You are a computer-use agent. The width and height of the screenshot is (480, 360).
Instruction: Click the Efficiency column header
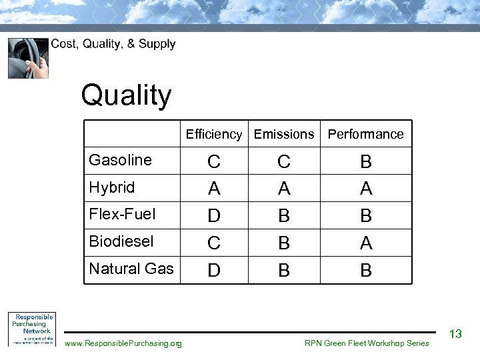click(214, 134)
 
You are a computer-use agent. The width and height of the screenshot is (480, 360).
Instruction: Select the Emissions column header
click(284, 134)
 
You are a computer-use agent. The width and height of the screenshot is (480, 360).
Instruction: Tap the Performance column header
click(365, 134)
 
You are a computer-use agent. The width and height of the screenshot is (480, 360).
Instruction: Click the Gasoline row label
click(121, 160)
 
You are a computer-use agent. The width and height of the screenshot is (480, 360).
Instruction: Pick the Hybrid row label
click(112, 187)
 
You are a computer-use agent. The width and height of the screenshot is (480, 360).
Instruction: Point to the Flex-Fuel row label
click(122, 214)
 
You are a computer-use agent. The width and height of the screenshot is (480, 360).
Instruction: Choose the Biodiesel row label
click(121, 241)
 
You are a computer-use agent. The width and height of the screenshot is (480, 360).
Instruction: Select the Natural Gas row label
click(131, 269)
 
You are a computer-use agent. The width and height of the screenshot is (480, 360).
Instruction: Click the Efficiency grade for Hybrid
click(214, 189)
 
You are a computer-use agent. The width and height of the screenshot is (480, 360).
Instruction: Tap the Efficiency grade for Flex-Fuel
click(214, 217)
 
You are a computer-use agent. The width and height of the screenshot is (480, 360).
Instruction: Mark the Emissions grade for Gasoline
click(284, 162)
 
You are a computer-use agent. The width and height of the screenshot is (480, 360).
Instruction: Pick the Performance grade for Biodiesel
click(366, 244)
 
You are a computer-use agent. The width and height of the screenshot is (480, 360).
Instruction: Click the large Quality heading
click(127, 95)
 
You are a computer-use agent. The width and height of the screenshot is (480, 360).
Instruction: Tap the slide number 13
click(456, 334)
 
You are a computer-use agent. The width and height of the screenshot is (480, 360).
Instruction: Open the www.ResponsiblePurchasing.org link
click(123, 343)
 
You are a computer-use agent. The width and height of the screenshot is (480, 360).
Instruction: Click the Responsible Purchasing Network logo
click(31, 329)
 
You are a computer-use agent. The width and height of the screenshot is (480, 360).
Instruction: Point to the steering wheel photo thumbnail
click(28, 58)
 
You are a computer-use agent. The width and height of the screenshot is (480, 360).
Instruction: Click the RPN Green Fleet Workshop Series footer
click(367, 343)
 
